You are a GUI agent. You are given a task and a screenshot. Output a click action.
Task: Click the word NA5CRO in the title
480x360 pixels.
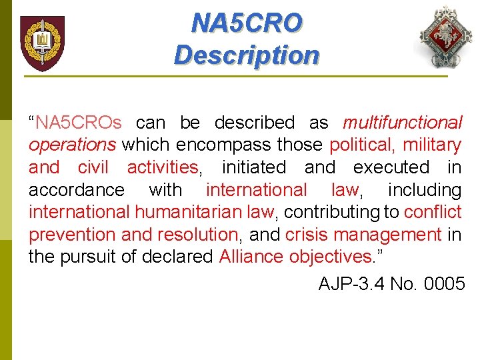click(x=246, y=23)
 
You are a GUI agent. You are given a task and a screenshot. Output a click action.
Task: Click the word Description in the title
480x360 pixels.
click(x=246, y=55)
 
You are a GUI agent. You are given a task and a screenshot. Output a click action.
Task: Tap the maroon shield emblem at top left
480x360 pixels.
click(x=42, y=43)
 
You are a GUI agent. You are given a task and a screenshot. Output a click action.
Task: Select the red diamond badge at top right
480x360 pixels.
click(x=445, y=38)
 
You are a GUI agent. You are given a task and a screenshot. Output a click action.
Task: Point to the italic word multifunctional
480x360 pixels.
click(x=402, y=123)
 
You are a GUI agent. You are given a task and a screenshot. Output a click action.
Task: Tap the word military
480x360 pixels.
click(x=432, y=145)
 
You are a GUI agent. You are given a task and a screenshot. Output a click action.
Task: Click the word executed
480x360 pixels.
click(x=391, y=167)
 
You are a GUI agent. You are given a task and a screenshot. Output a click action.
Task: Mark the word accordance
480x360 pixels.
click(x=76, y=190)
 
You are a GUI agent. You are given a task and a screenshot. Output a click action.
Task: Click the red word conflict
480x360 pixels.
click(x=433, y=212)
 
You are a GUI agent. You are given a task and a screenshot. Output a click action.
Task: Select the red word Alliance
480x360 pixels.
click(x=251, y=257)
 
